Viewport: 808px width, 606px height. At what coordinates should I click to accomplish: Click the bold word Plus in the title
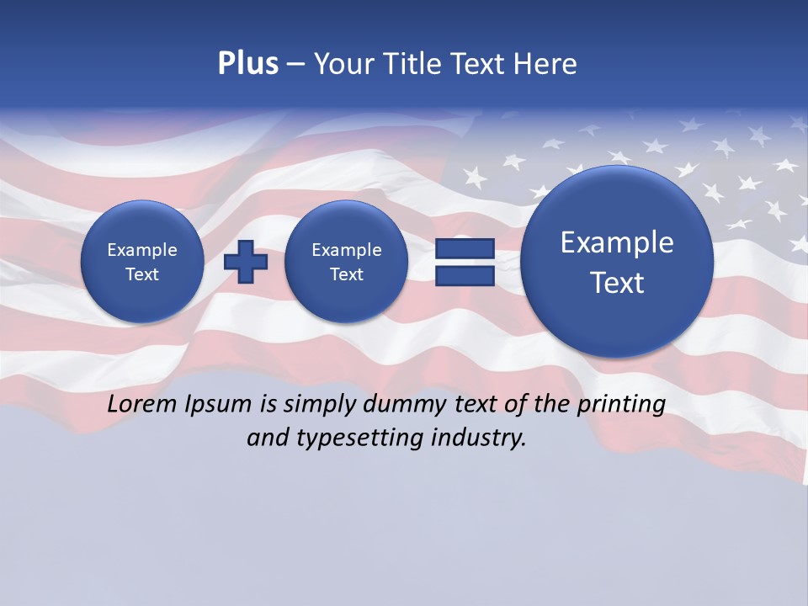(247, 64)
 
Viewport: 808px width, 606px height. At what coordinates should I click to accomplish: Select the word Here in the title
(546, 64)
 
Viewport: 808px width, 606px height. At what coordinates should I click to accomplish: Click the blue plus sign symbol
(246, 261)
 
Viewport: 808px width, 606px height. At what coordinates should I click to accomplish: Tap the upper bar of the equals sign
(465, 248)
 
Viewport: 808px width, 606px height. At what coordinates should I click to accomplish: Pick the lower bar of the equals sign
(465, 275)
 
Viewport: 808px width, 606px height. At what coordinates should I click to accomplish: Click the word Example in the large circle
(617, 242)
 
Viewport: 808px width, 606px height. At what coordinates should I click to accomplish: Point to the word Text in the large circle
(617, 283)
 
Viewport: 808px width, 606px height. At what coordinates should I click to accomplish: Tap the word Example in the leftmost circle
(142, 250)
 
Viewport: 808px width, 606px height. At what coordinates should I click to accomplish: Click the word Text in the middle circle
(347, 274)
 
